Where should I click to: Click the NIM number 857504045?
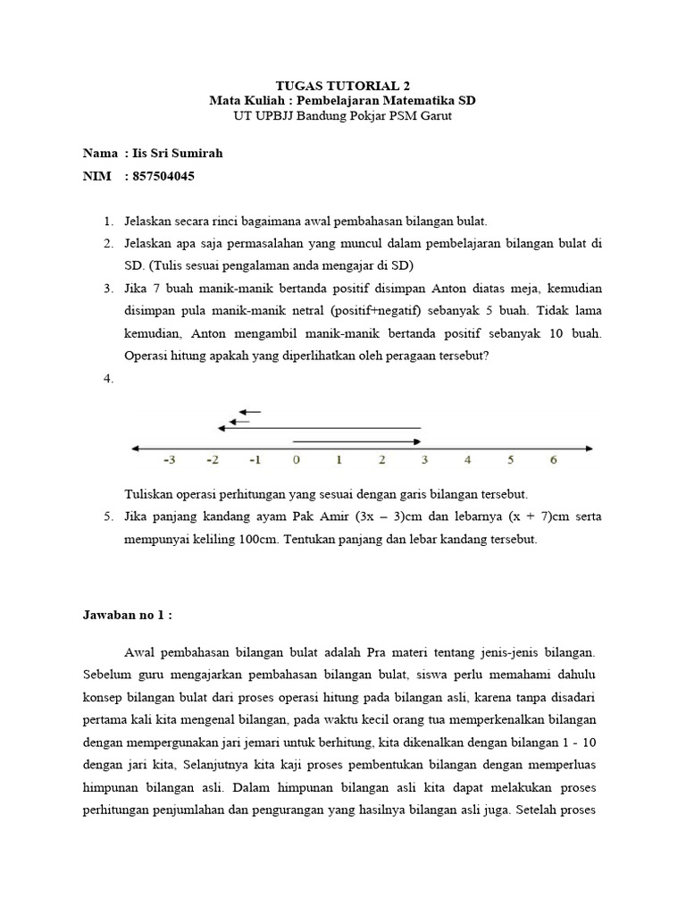coord(163,176)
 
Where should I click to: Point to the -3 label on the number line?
coord(169,461)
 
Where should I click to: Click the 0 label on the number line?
coord(295,461)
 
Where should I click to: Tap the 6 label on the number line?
coord(553,461)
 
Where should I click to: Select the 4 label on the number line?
coord(467,461)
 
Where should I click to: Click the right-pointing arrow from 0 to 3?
coord(357,441)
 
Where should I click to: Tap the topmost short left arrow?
coord(250,412)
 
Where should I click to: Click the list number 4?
coord(107,379)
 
